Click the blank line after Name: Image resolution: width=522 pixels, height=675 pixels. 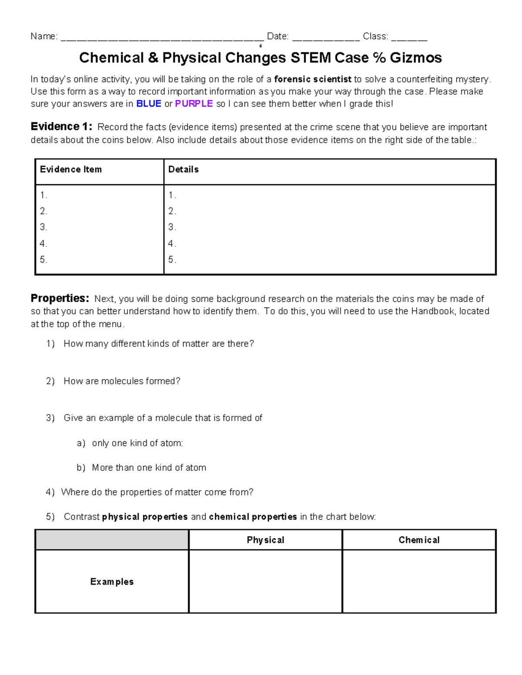tap(162, 37)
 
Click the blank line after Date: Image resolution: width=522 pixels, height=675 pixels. tap(326, 37)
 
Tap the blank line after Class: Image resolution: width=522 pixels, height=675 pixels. tap(409, 37)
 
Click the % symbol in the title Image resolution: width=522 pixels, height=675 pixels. tap(379, 58)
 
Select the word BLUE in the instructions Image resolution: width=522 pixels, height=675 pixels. tap(149, 104)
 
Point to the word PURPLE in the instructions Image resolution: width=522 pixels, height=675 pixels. tap(194, 104)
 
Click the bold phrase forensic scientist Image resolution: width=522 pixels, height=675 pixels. tap(313, 79)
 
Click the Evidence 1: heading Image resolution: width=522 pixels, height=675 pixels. tap(61, 126)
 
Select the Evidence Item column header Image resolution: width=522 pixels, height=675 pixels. tap(71, 170)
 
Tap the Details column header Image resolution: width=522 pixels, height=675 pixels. tap(184, 170)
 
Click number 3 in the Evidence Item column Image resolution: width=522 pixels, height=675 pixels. tap(43, 227)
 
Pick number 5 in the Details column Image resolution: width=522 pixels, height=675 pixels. tap(172, 260)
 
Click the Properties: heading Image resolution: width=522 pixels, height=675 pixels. tap(60, 299)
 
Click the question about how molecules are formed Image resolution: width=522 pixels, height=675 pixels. tap(121, 381)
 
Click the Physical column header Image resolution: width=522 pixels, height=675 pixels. tap(265, 540)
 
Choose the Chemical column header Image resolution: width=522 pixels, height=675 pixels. tap(419, 540)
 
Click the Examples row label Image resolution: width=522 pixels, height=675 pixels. tap(112, 582)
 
